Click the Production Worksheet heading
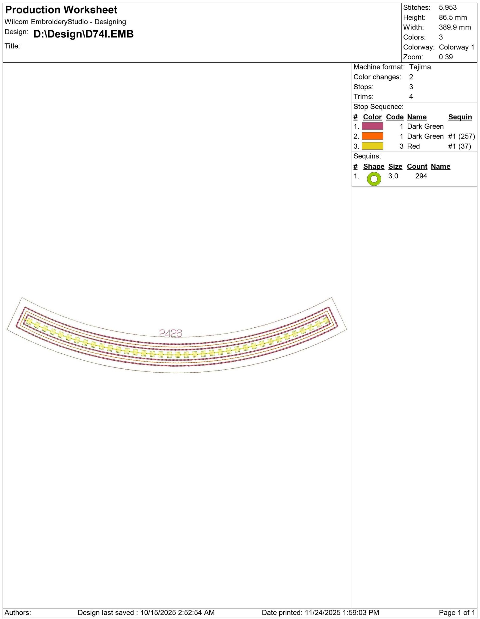[61, 10]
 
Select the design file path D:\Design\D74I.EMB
[83, 34]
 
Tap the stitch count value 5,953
[448, 7]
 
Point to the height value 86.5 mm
[453, 17]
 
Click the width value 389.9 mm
[455, 27]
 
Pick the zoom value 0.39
[446, 57]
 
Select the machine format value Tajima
[420, 67]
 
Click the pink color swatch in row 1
[372, 126]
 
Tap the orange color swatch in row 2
[372, 136]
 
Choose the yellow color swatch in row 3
[372, 146]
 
